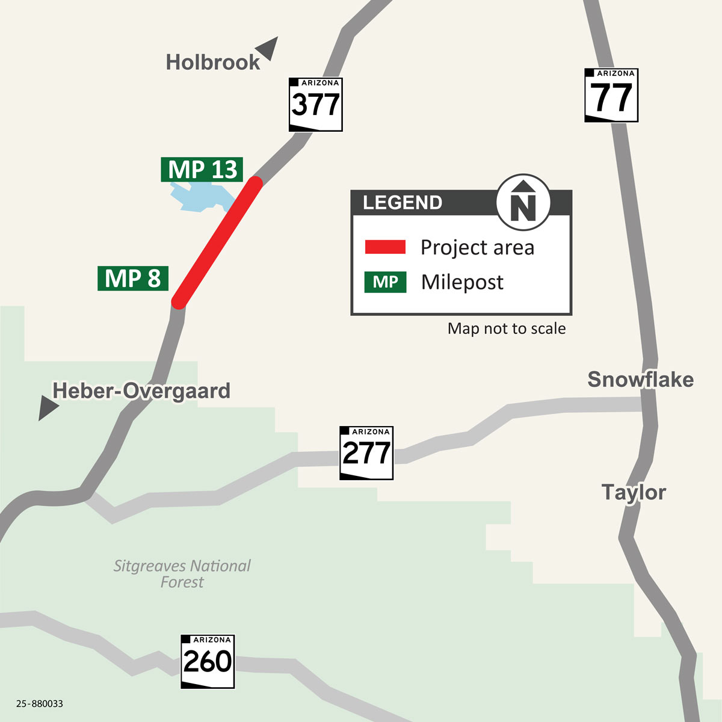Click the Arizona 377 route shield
[315, 104]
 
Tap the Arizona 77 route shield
[611, 95]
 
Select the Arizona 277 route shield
[366, 452]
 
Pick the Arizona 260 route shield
[207, 661]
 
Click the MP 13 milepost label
[202, 170]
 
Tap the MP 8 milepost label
[133, 279]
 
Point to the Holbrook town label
[212, 62]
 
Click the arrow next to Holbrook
[267, 48]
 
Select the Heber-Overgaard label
[141, 390]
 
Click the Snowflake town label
[640, 379]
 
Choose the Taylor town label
[634, 492]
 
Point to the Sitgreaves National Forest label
[182, 573]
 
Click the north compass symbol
[523, 203]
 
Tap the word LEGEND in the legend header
[402, 203]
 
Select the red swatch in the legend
[385, 247]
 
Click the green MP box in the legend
[385, 282]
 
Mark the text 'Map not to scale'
[507, 329]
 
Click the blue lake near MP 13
[201, 197]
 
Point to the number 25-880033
[40, 703]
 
